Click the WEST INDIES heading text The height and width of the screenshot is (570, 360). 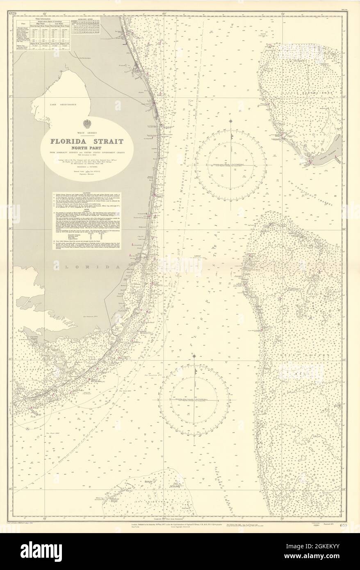tap(86, 133)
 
